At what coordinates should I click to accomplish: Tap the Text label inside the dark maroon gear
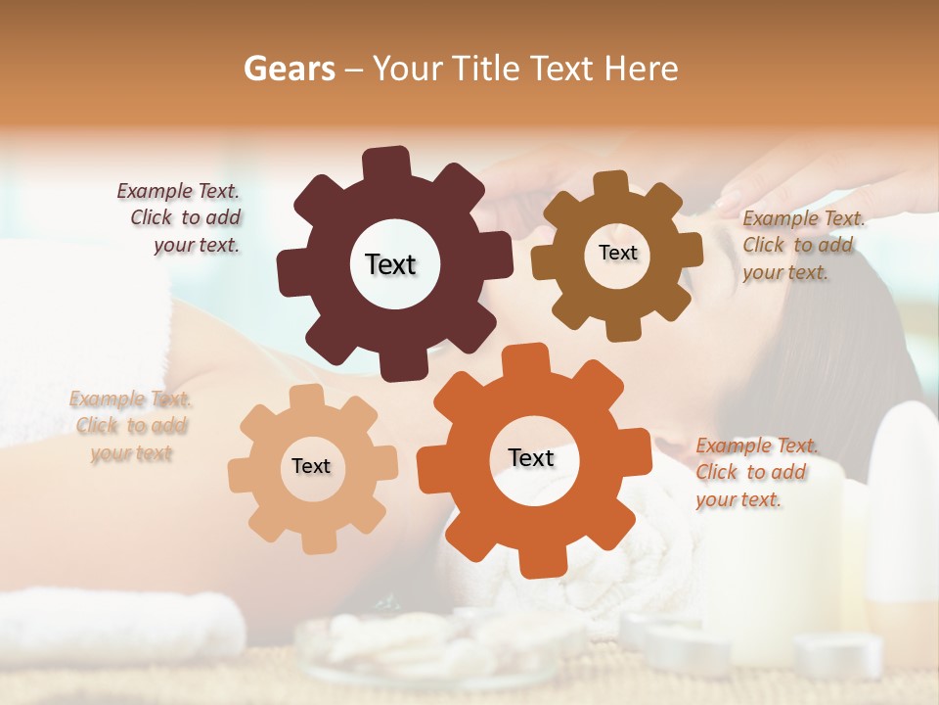pyautogui.click(x=390, y=264)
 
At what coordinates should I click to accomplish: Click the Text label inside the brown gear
pyautogui.click(x=617, y=253)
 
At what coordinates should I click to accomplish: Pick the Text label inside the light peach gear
pyautogui.click(x=311, y=466)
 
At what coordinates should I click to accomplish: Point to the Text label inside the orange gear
pyautogui.click(x=531, y=458)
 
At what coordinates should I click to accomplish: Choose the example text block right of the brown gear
pyautogui.click(x=801, y=246)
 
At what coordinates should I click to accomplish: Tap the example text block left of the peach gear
pyautogui.click(x=131, y=426)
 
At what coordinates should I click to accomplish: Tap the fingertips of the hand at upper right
pyautogui.click(x=729, y=202)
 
